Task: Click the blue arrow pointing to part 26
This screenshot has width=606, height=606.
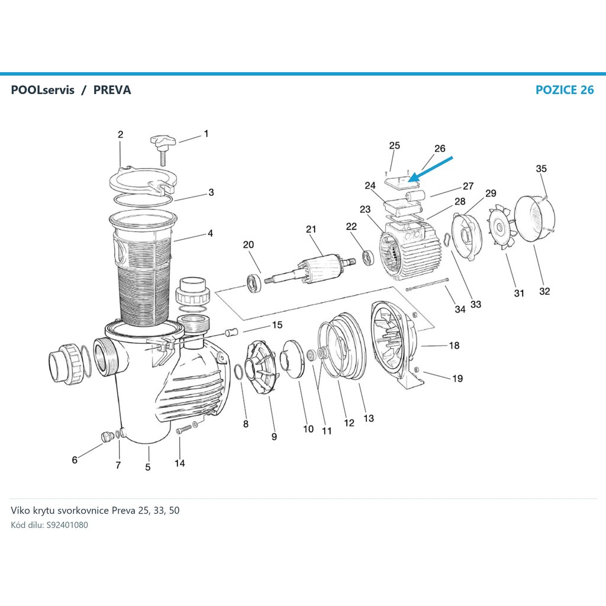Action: pos(431,169)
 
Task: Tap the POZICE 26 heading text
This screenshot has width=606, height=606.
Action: pos(564,90)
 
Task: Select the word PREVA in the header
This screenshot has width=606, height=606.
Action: pos(112,90)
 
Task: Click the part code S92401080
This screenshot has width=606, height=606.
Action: pos(67,525)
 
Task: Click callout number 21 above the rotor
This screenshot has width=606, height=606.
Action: pos(311,229)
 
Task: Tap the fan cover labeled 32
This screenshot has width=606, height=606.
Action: pos(535,218)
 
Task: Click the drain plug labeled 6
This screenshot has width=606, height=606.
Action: pos(105,437)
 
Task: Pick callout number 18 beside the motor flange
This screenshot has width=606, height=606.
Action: pos(454,346)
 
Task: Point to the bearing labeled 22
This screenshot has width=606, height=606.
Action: pos(368,258)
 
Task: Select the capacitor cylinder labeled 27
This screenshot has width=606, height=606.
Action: pos(415,196)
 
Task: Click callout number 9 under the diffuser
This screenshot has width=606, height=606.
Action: pos(274,437)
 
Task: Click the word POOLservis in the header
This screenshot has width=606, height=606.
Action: pos(43,90)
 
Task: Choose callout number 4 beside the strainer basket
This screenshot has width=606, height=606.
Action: pos(210,233)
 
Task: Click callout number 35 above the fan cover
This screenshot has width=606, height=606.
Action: pos(541,169)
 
